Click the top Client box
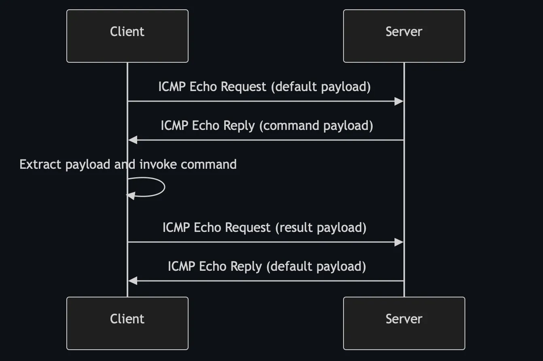point(127,36)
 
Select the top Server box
point(404,36)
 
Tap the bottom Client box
point(127,323)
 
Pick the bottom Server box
point(404,323)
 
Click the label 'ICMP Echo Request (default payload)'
point(264,87)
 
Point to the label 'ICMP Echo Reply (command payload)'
point(267,125)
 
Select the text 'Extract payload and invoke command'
point(128,164)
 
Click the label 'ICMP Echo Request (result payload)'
point(264,227)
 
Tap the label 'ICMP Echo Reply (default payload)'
point(267,266)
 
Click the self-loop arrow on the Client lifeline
point(164,187)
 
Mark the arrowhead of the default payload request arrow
point(399,101)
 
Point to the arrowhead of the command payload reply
point(133,140)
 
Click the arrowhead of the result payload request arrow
point(399,242)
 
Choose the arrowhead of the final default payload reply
point(133,280)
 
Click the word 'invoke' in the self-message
point(158,164)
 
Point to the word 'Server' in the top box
point(404,32)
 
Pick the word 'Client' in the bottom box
point(127,319)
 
